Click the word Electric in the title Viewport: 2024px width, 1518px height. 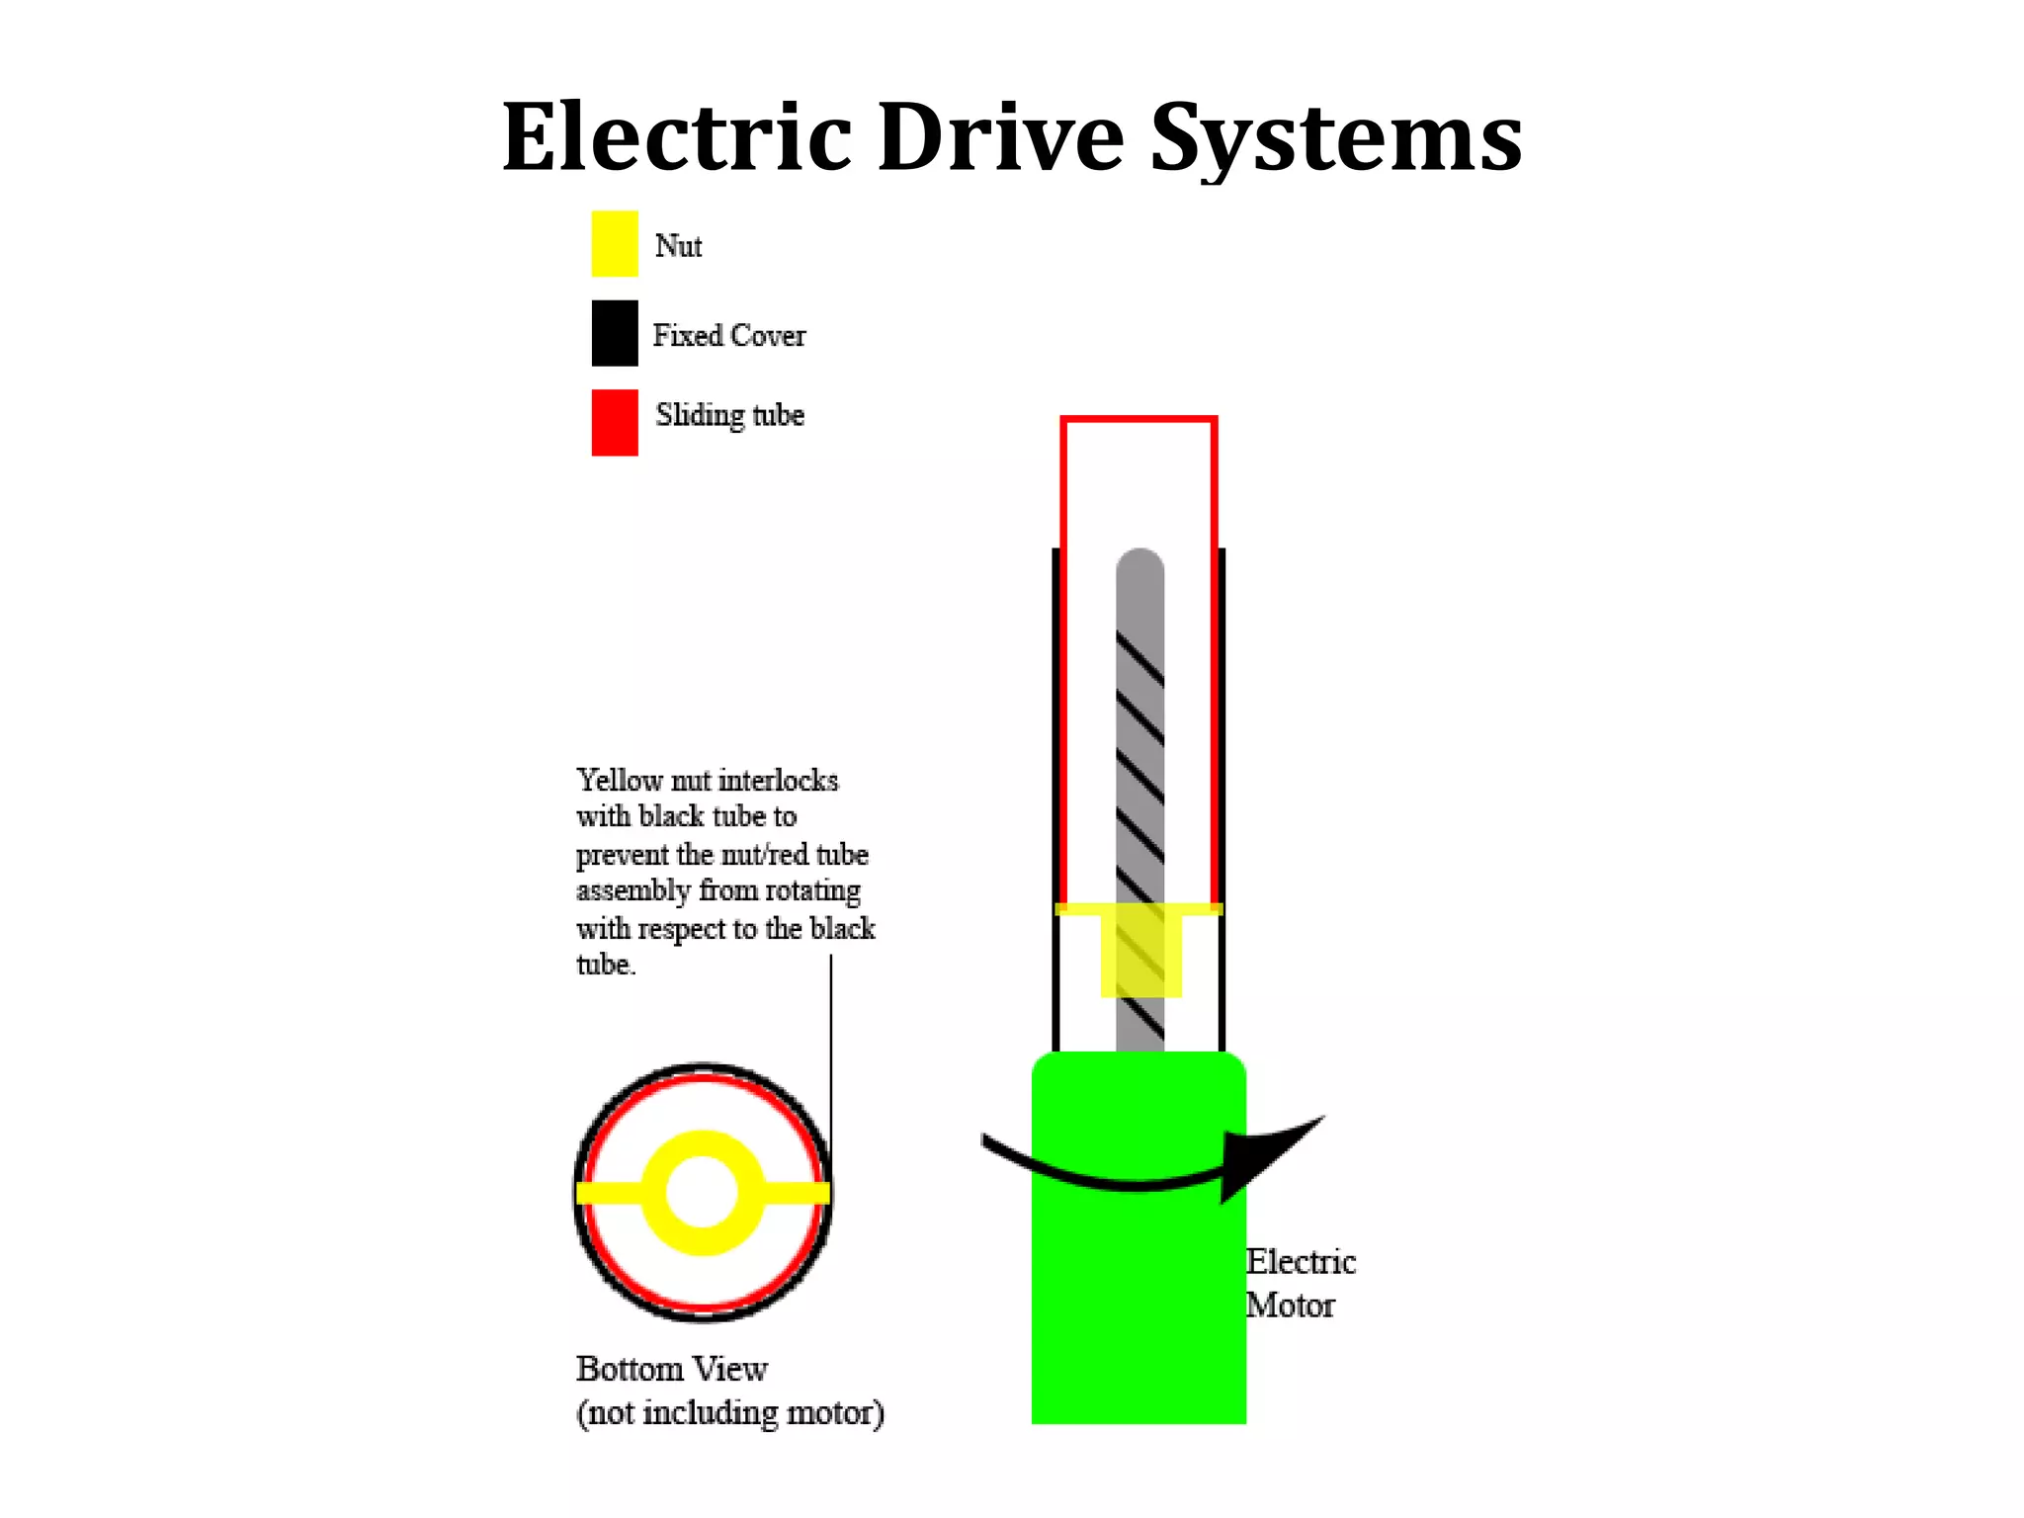(x=677, y=138)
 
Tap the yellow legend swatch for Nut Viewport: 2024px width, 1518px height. (x=614, y=243)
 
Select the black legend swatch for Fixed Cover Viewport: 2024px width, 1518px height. (x=614, y=333)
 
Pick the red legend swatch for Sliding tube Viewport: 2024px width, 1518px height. (x=614, y=422)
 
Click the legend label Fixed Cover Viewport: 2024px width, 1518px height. (x=728, y=336)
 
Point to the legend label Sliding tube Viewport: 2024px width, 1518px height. (x=728, y=415)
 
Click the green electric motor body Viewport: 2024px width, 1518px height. (x=1138, y=1305)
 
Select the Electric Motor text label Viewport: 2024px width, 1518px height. (x=1298, y=1283)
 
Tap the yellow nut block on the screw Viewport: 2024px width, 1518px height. (x=1140, y=954)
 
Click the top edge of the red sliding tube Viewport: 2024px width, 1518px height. (x=1138, y=420)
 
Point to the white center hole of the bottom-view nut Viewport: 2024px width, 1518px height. (x=702, y=1193)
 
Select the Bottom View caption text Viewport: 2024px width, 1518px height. (x=672, y=1369)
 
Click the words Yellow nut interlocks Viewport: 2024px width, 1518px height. (x=707, y=780)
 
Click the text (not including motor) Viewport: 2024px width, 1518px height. (x=729, y=1413)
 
